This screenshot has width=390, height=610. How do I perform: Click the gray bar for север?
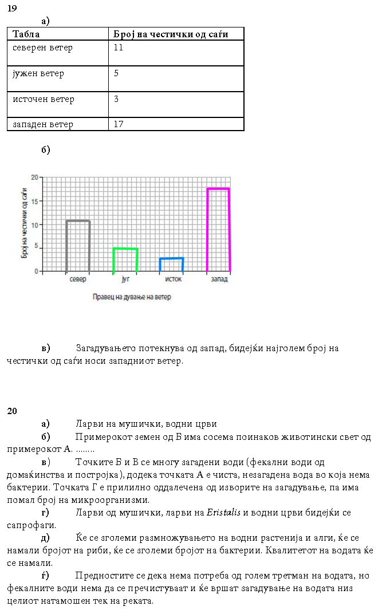(x=78, y=246)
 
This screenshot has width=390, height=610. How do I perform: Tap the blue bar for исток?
(x=171, y=264)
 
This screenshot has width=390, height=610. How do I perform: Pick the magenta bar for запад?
(x=218, y=229)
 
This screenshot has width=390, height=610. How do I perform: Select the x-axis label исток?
(x=172, y=280)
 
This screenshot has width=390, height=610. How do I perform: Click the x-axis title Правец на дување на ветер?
(x=132, y=297)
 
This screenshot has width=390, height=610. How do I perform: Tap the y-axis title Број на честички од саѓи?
(x=25, y=223)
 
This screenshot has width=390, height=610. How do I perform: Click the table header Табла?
(x=26, y=34)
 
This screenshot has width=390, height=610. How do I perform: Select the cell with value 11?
(x=119, y=48)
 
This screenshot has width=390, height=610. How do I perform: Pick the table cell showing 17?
(x=119, y=124)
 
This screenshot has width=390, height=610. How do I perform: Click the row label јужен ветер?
(x=38, y=73)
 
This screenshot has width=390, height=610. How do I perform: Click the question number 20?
(x=12, y=411)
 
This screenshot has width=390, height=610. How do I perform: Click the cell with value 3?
(x=116, y=99)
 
